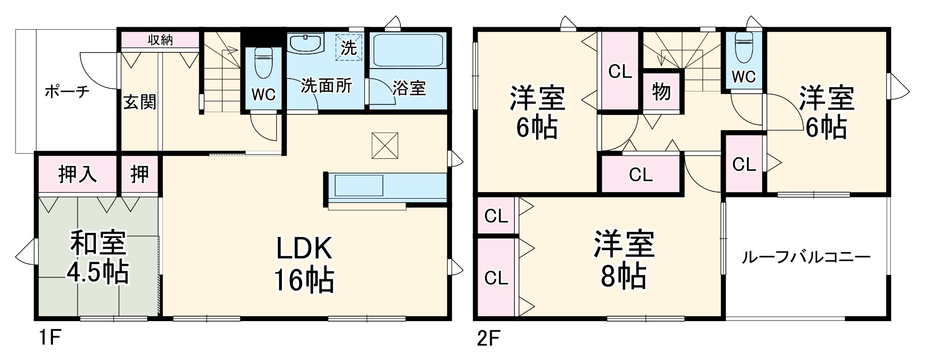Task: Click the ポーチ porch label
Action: tap(67, 92)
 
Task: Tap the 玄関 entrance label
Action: tap(140, 102)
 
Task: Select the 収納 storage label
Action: tap(160, 40)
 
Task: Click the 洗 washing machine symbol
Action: tap(349, 47)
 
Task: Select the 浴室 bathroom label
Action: tap(409, 88)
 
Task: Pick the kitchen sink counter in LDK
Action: tap(357, 186)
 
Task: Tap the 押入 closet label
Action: tap(77, 174)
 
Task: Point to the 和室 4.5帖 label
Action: tap(98, 257)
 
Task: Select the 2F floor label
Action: tap(488, 337)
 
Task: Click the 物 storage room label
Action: tap(661, 92)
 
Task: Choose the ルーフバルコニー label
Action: tap(806, 258)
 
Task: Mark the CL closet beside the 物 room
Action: tap(620, 72)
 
